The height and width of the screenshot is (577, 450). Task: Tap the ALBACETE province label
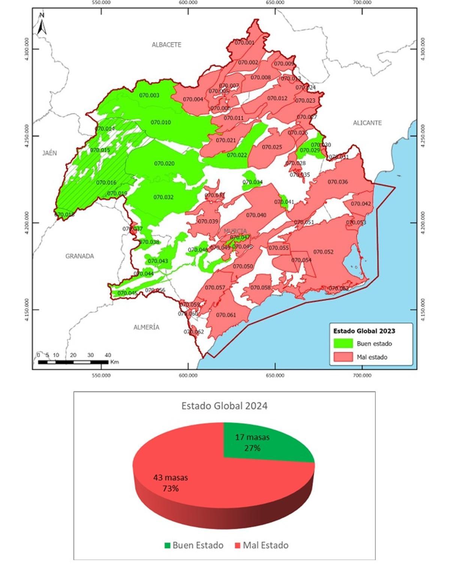click(x=166, y=45)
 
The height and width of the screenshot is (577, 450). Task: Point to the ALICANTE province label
click(x=367, y=123)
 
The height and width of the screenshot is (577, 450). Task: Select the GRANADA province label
click(x=79, y=256)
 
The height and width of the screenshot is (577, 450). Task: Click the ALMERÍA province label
click(x=146, y=327)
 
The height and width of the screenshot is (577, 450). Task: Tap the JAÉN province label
click(x=49, y=153)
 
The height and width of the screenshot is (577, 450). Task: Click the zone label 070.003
click(x=149, y=95)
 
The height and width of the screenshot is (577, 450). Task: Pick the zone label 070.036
click(x=337, y=182)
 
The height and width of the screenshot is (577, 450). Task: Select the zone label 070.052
click(x=323, y=252)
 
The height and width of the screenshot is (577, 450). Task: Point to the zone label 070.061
click(x=226, y=315)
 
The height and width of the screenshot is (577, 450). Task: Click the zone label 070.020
click(x=164, y=164)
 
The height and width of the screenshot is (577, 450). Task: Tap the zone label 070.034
click(x=252, y=182)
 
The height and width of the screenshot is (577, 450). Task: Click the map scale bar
click(x=73, y=362)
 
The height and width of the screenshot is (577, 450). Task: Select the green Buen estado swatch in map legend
click(x=343, y=343)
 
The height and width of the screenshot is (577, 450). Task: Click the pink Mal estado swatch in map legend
click(x=343, y=357)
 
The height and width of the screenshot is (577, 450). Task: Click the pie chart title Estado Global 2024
click(x=224, y=406)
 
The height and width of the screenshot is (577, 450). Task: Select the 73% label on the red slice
click(x=171, y=489)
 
